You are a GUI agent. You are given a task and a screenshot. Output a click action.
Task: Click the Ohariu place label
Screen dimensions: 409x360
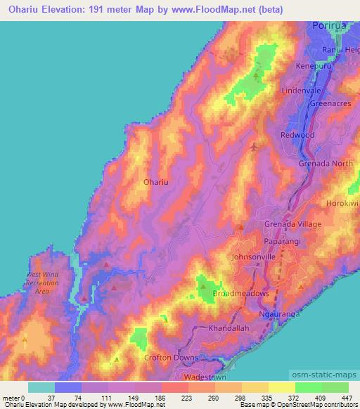(x=156, y=181)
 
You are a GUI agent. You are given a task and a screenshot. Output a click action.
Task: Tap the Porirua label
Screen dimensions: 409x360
(x=328, y=25)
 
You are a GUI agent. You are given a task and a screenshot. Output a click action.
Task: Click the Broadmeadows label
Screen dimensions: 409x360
(x=240, y=293)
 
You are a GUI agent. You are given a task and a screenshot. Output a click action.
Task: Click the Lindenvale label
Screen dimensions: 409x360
(x=301, y=91)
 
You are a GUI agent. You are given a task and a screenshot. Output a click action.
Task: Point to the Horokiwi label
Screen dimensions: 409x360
(x=343, y=203)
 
